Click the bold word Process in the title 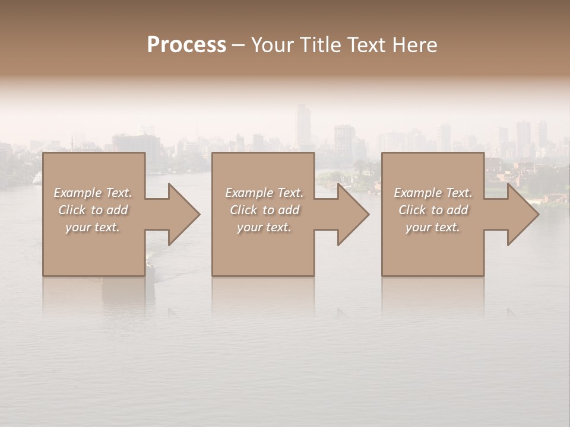186,44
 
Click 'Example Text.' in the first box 93,193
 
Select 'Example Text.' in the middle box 264,193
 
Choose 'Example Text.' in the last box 433,193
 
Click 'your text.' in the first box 93,227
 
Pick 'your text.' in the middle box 264,227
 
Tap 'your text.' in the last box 433,227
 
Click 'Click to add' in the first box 93,210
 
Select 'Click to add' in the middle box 264,210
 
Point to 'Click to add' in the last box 433,210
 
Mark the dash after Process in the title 238,45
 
